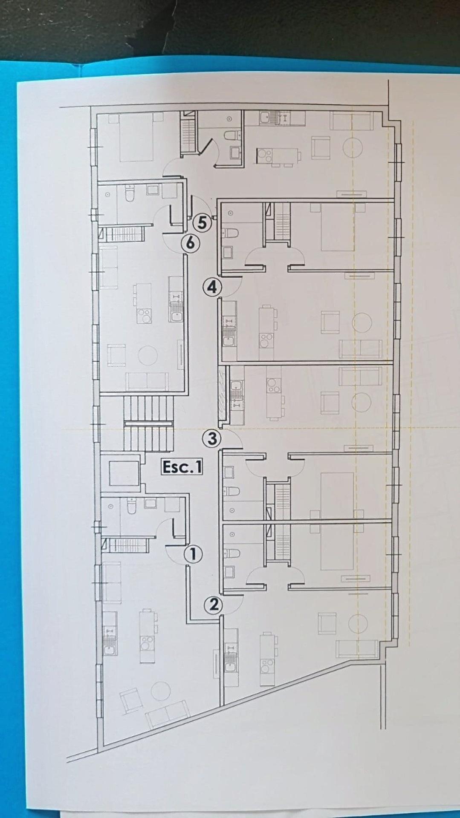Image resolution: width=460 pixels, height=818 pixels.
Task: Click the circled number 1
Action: pos(193,554)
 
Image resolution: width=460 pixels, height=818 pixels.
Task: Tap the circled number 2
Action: pos(214,605)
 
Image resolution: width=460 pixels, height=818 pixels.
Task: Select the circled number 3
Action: pos(212,438)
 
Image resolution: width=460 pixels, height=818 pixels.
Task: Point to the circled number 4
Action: pos(212,287)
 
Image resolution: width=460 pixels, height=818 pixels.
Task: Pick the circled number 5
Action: pos(202,223)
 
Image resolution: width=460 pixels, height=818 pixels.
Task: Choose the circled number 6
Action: pos(190,243)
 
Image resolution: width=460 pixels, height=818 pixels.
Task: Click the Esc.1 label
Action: pos(182,467)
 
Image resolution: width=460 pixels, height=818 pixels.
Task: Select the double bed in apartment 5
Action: pos(136,137)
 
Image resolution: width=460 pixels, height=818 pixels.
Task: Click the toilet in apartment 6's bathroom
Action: pos(130,193)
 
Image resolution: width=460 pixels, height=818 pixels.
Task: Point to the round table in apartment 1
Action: pos(161,690)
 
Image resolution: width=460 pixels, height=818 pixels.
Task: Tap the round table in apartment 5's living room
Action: pos(353,147)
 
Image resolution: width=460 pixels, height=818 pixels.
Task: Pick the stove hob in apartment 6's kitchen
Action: pos(144,315)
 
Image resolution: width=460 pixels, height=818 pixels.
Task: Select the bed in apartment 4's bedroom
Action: pos(337,227)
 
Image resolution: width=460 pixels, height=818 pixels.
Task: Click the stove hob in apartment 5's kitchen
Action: pos(264,156)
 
